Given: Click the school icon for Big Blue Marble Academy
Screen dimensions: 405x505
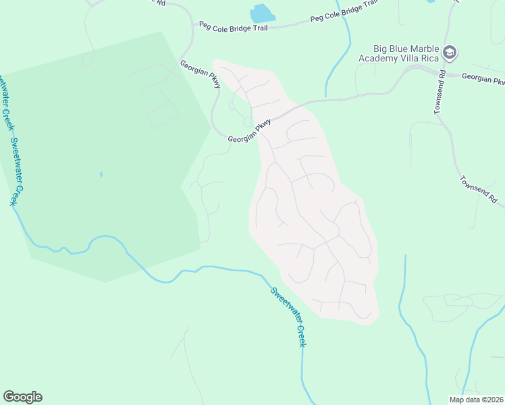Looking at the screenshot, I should click(450, 53).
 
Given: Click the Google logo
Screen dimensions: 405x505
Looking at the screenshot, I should click(22, 397).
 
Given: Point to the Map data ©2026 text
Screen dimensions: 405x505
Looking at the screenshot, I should click(476, 400).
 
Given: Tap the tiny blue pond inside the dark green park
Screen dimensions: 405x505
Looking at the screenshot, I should click(101, 174).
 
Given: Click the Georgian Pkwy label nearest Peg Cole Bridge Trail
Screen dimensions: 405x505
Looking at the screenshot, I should click(201, 74).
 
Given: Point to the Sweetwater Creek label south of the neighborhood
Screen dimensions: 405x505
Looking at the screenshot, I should click(288, 317).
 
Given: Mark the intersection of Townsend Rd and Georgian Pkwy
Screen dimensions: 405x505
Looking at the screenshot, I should click(445, 72).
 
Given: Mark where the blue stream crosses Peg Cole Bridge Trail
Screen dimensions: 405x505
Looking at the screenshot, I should click(344, 20).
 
